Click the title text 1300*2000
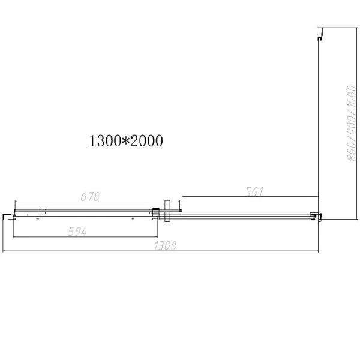(127, 141)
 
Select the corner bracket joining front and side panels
(314, 215)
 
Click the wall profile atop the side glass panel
(321, 34)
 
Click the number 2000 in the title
(146, 141)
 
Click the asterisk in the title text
(124, 140)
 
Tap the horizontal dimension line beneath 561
(249, 197)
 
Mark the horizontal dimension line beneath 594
(84, 237)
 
